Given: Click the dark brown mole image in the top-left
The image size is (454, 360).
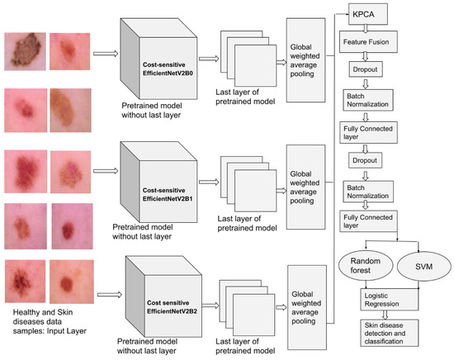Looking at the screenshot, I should pyautogui.click(x=24, y=49).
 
